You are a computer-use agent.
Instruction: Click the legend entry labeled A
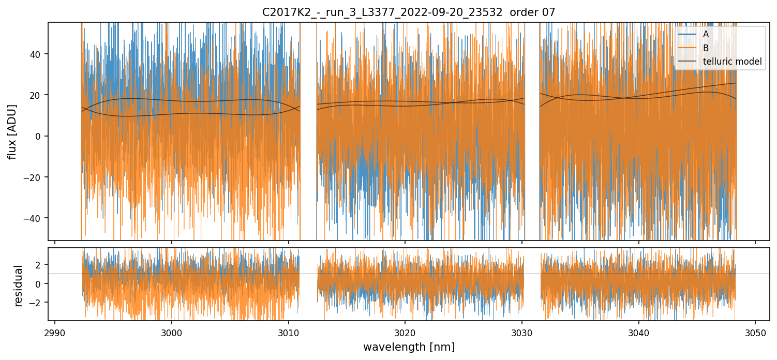click(x=706, y=34)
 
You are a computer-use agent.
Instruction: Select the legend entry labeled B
click(x=706, y=48)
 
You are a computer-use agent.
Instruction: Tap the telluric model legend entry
click(x=732, y=62)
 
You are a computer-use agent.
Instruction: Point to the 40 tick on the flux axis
click(x=38, y=54)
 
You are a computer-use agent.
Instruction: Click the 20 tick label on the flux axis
click(x=38, y=95)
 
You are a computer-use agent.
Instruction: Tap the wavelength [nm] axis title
click(x=409, y=347)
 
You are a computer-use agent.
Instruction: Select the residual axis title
click(x=19, y=286)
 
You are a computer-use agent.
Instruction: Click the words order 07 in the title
click(x=532, y=12)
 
